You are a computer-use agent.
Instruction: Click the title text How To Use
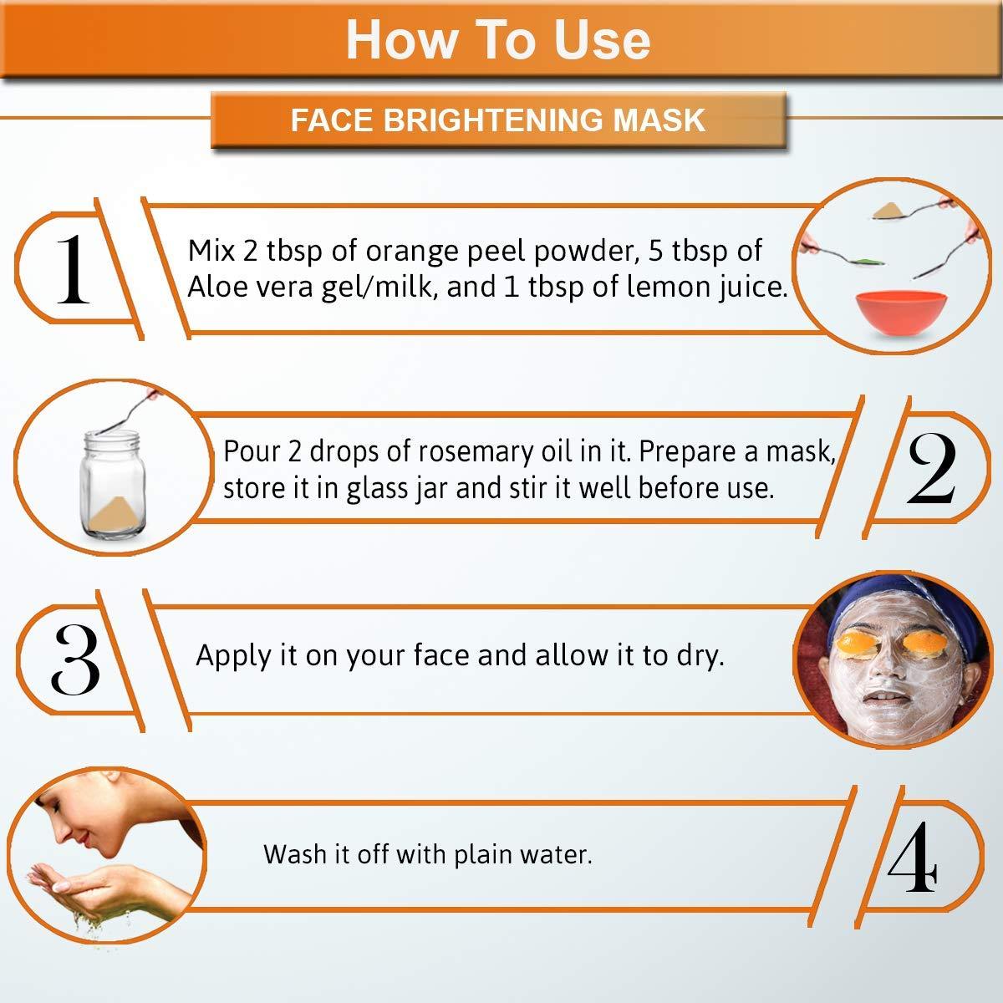[x=498, y=40]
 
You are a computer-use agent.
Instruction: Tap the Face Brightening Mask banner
[x=498, y=120]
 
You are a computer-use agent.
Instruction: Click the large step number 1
[x=73, y=269]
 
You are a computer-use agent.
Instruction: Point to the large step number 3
[x=75, y=659]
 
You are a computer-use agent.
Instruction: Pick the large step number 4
[x=913, y=856]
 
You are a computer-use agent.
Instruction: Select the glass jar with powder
[x=113, y=484]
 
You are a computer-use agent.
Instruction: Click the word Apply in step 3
[x=234, y=656]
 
